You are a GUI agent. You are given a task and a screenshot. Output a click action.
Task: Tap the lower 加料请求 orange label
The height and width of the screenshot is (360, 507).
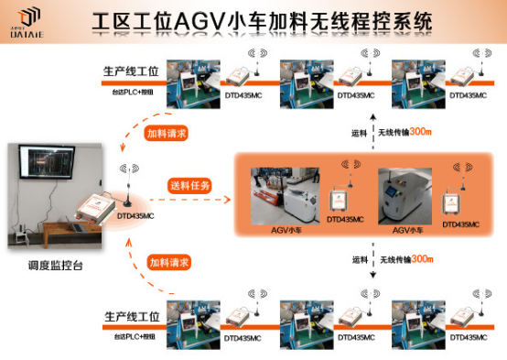[169, 262]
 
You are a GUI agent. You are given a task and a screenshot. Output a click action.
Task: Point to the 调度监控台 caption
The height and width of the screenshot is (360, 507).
[58, 268]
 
